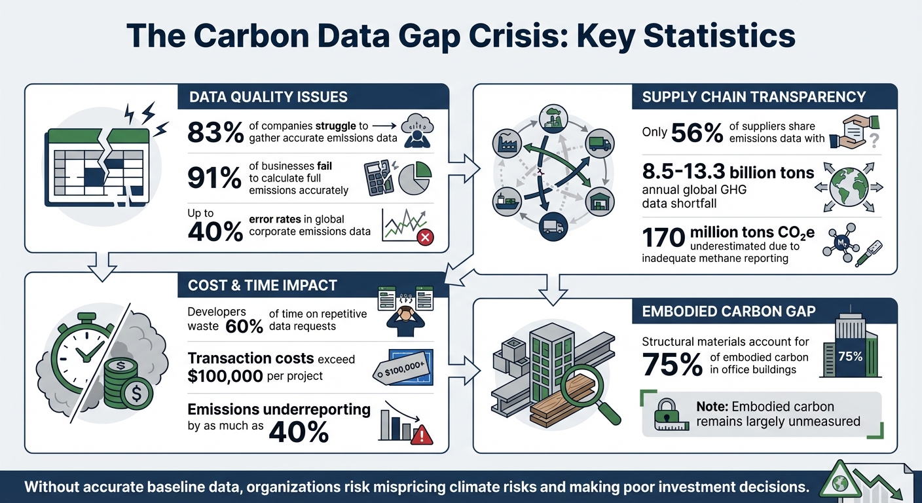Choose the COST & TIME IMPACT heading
[263, 285]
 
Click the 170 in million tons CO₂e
[663, 238]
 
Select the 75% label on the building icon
[850, 357]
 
